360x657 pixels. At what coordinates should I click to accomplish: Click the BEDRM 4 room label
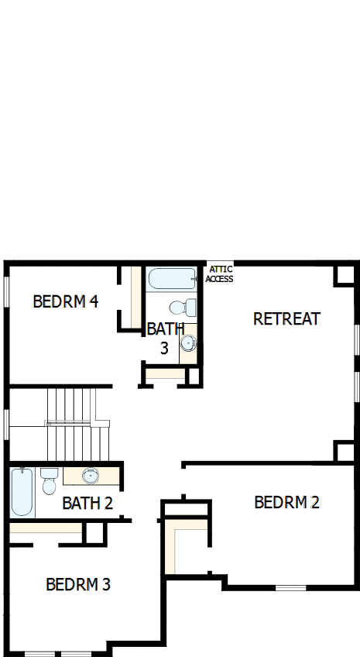[x=65, y=301]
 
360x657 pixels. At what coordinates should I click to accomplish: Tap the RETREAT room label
[x=286, y=318]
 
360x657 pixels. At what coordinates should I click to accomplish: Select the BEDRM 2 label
[x=286, y=502]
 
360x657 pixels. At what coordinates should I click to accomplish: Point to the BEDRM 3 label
[x=78, y=584]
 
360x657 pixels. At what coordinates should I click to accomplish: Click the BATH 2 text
[x=87, y=503]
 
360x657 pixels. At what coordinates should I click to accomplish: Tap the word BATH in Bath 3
[x=165, y=328]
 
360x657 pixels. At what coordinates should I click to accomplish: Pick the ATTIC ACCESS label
[x=219, y=274]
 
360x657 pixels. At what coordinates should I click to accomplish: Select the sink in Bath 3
[x=188, y=342]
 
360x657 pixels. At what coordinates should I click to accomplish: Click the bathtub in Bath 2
[x=22, y=492]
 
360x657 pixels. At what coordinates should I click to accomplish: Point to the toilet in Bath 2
[x=50, y=480]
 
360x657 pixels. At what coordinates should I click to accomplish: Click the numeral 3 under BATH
[x=164, y=348]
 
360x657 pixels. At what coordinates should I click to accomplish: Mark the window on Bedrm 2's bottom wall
[x=291, y=587]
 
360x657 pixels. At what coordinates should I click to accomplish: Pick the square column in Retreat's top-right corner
[x=344, y=275]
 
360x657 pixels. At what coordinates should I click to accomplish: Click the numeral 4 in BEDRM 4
[x=93, y=301]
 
